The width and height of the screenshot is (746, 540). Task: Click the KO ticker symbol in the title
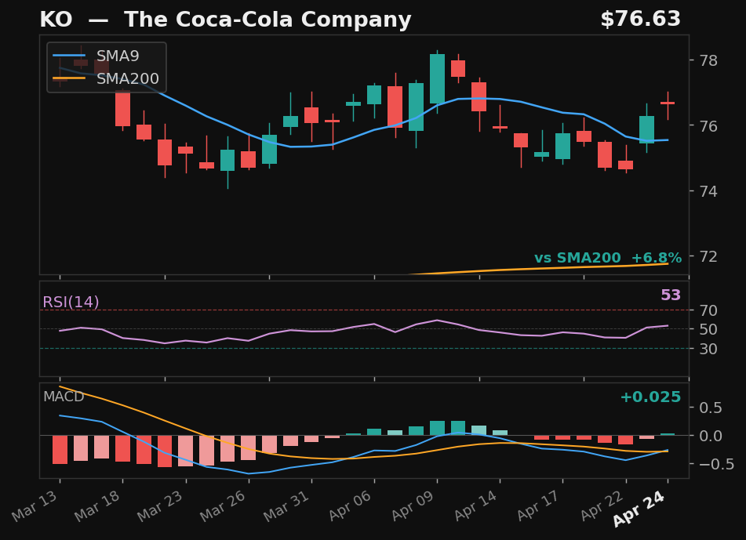click(x=56, y=20)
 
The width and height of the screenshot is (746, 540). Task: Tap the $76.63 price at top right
click(x=640, y=20)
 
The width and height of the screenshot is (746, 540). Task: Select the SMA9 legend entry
click(x=118, y=56)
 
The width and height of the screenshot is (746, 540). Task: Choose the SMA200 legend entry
click(x=127, y=79)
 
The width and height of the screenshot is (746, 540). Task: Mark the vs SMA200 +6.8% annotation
click(x=607, y=259)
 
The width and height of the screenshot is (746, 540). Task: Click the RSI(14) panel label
click(x=71, y=303)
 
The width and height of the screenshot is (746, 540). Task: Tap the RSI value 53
click(x=671, y=296)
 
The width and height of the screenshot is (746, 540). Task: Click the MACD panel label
click(x=64, y=397)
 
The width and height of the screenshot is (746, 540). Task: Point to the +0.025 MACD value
click(x=650, y=397)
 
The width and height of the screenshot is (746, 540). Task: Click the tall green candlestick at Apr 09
click(x=437, y=78)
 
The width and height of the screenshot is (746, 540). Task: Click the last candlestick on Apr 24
click(x=668, y=103)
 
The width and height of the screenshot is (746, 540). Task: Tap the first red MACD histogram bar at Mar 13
click(x=60, y=449)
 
